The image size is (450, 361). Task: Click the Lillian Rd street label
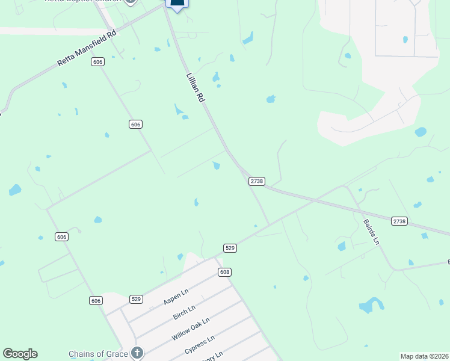pos(196,88)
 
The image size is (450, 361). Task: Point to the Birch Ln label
pos(184,313)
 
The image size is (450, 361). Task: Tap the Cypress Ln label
pos(200,347)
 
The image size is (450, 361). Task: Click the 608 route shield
pos(224,273)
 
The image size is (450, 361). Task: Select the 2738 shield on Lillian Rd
pos(257,181)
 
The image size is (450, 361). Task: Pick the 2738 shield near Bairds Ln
pos(399,221)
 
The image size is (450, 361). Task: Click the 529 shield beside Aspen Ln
pos(137,299)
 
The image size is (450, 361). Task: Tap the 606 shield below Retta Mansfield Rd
pos(98,62)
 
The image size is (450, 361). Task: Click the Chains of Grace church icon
pos(137,353)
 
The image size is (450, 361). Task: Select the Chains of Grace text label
pos(98,354)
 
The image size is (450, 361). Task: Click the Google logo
pos(20,354)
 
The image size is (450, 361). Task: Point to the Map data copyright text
pos(424,356)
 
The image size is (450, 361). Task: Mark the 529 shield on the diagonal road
pos(230,248)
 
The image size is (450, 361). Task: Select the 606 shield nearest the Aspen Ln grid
pos(96,300)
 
